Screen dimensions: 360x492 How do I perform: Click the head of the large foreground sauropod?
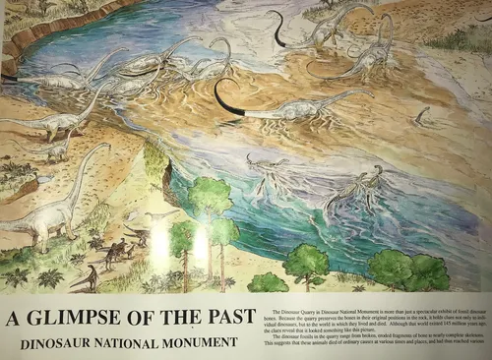pyautogui.click(x=102, y=147)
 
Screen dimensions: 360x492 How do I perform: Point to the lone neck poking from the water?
pyautogui.click(x=421, y=115)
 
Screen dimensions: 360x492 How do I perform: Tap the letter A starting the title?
pyautogui.click(x=15, y=318)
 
